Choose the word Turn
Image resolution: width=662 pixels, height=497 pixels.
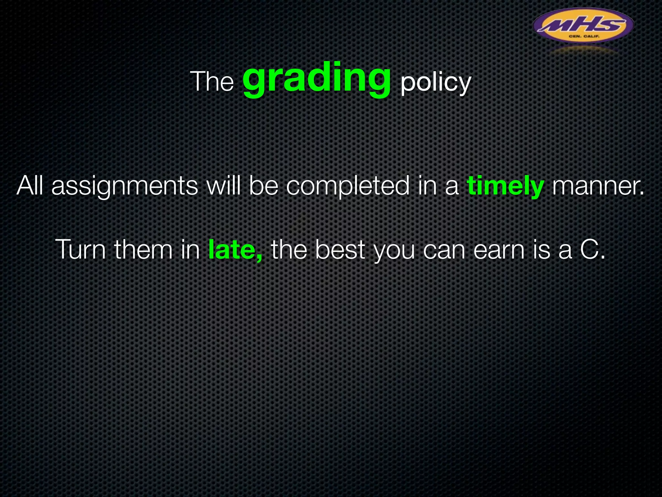pos(80,250)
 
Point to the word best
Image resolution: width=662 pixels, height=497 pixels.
pos(340,250)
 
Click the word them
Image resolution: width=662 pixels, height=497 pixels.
pos(144,250)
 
